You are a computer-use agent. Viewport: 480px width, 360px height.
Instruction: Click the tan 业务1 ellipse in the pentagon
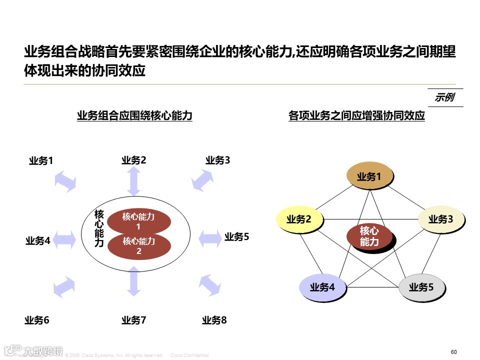tap(369, 176)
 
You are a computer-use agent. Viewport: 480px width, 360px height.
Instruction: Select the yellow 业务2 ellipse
tap(299, 219)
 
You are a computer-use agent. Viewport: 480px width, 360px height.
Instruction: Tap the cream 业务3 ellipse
tap(440, 219)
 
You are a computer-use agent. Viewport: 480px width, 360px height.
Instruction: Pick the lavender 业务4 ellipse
tap(322, 287)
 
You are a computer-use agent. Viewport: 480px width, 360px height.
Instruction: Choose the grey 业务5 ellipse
tap(421, 287)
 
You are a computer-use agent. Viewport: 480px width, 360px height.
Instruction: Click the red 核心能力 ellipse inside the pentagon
tap(369, 236)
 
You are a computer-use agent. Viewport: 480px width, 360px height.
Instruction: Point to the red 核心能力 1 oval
tap(139, 220)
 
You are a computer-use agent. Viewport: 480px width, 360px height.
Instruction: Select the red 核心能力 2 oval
tap(139, 245)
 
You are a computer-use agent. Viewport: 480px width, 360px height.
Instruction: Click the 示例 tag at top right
tap(444, 97)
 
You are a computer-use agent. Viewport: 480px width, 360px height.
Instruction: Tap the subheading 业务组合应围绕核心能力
tap(134, 116)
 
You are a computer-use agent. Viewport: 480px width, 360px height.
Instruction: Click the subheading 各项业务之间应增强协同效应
tap(356, 116)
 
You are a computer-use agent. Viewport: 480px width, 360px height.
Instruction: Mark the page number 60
tap(454, 352)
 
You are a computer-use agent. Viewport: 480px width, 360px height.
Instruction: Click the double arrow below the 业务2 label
tap(134, 181)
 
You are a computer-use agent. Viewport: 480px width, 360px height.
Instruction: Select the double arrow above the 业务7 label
tap(134, 281)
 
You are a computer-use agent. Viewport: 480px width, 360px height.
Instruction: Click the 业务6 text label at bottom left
tap(37, 320)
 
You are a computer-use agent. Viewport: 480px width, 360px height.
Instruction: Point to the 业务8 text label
tap(214, 320)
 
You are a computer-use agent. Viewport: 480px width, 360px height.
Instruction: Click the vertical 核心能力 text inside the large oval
tap(99, 228)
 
